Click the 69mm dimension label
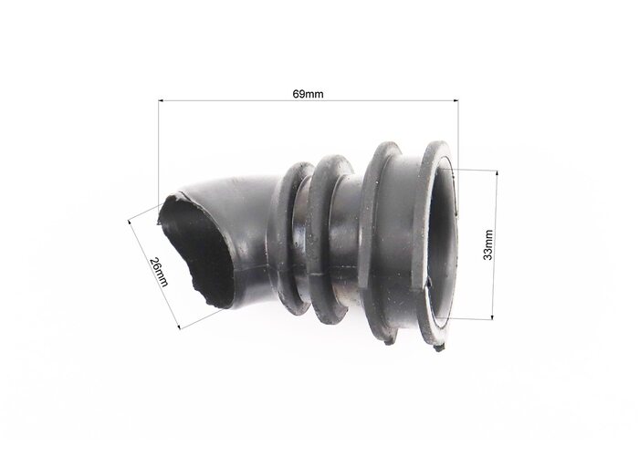[x=308, y=94]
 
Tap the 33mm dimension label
[x=487, y=244]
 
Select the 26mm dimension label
[x=158, y=272]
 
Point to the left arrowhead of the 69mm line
[x=161, y=100]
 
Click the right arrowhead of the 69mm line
[x=456, y=100]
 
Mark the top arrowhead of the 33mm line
[x=497, y=173]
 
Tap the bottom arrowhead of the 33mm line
[x=493, y=317]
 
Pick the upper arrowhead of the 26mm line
[x=131, y=223]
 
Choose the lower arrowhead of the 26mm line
[x=178, y=326]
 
